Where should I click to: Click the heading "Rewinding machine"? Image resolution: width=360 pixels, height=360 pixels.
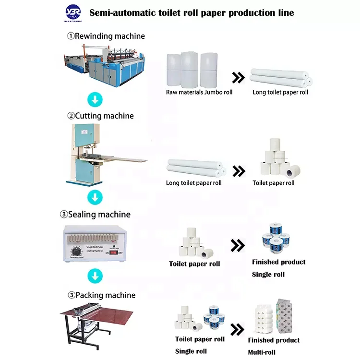tap(106, 36)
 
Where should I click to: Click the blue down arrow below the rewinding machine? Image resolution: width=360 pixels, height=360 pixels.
tap(96, 100)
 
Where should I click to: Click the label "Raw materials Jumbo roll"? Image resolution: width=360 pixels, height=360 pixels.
tap(199, 92)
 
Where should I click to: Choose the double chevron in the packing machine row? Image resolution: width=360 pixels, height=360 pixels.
tap(237, 330)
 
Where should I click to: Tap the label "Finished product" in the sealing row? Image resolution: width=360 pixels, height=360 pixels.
tap(279, 262)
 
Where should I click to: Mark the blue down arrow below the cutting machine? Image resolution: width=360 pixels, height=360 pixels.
tap(96, 197)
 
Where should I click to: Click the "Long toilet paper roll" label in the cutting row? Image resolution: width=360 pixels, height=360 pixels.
tap(194, 183)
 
